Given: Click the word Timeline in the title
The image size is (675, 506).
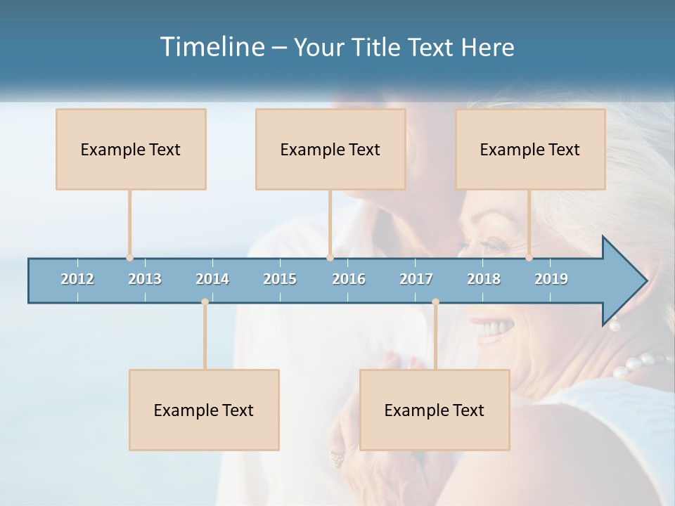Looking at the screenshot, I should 211,47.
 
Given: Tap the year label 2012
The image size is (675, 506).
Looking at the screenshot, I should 77,279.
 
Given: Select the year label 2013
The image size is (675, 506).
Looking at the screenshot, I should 145,279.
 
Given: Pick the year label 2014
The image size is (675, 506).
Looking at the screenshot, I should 212,279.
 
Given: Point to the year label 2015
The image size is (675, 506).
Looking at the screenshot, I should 280,279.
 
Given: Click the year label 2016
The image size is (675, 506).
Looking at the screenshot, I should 349,279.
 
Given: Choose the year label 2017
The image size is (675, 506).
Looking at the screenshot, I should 416,279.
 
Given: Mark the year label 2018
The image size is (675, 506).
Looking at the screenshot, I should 484,279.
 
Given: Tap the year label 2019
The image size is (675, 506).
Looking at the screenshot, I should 551,279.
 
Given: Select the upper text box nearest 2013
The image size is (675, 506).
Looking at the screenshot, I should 131,149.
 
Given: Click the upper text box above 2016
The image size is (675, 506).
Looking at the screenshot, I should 330,149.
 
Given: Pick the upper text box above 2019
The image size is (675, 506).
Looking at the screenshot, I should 530,149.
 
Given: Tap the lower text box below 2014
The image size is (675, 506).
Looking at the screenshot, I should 204,410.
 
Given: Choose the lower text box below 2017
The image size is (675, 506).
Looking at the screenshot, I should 435,410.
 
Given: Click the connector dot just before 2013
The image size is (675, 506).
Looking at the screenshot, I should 129,258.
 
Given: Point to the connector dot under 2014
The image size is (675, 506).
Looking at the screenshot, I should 205,302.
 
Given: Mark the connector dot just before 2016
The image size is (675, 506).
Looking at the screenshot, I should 330,258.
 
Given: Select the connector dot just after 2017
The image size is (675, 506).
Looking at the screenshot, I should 435,302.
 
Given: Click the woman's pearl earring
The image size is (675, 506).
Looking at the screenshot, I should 614,325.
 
